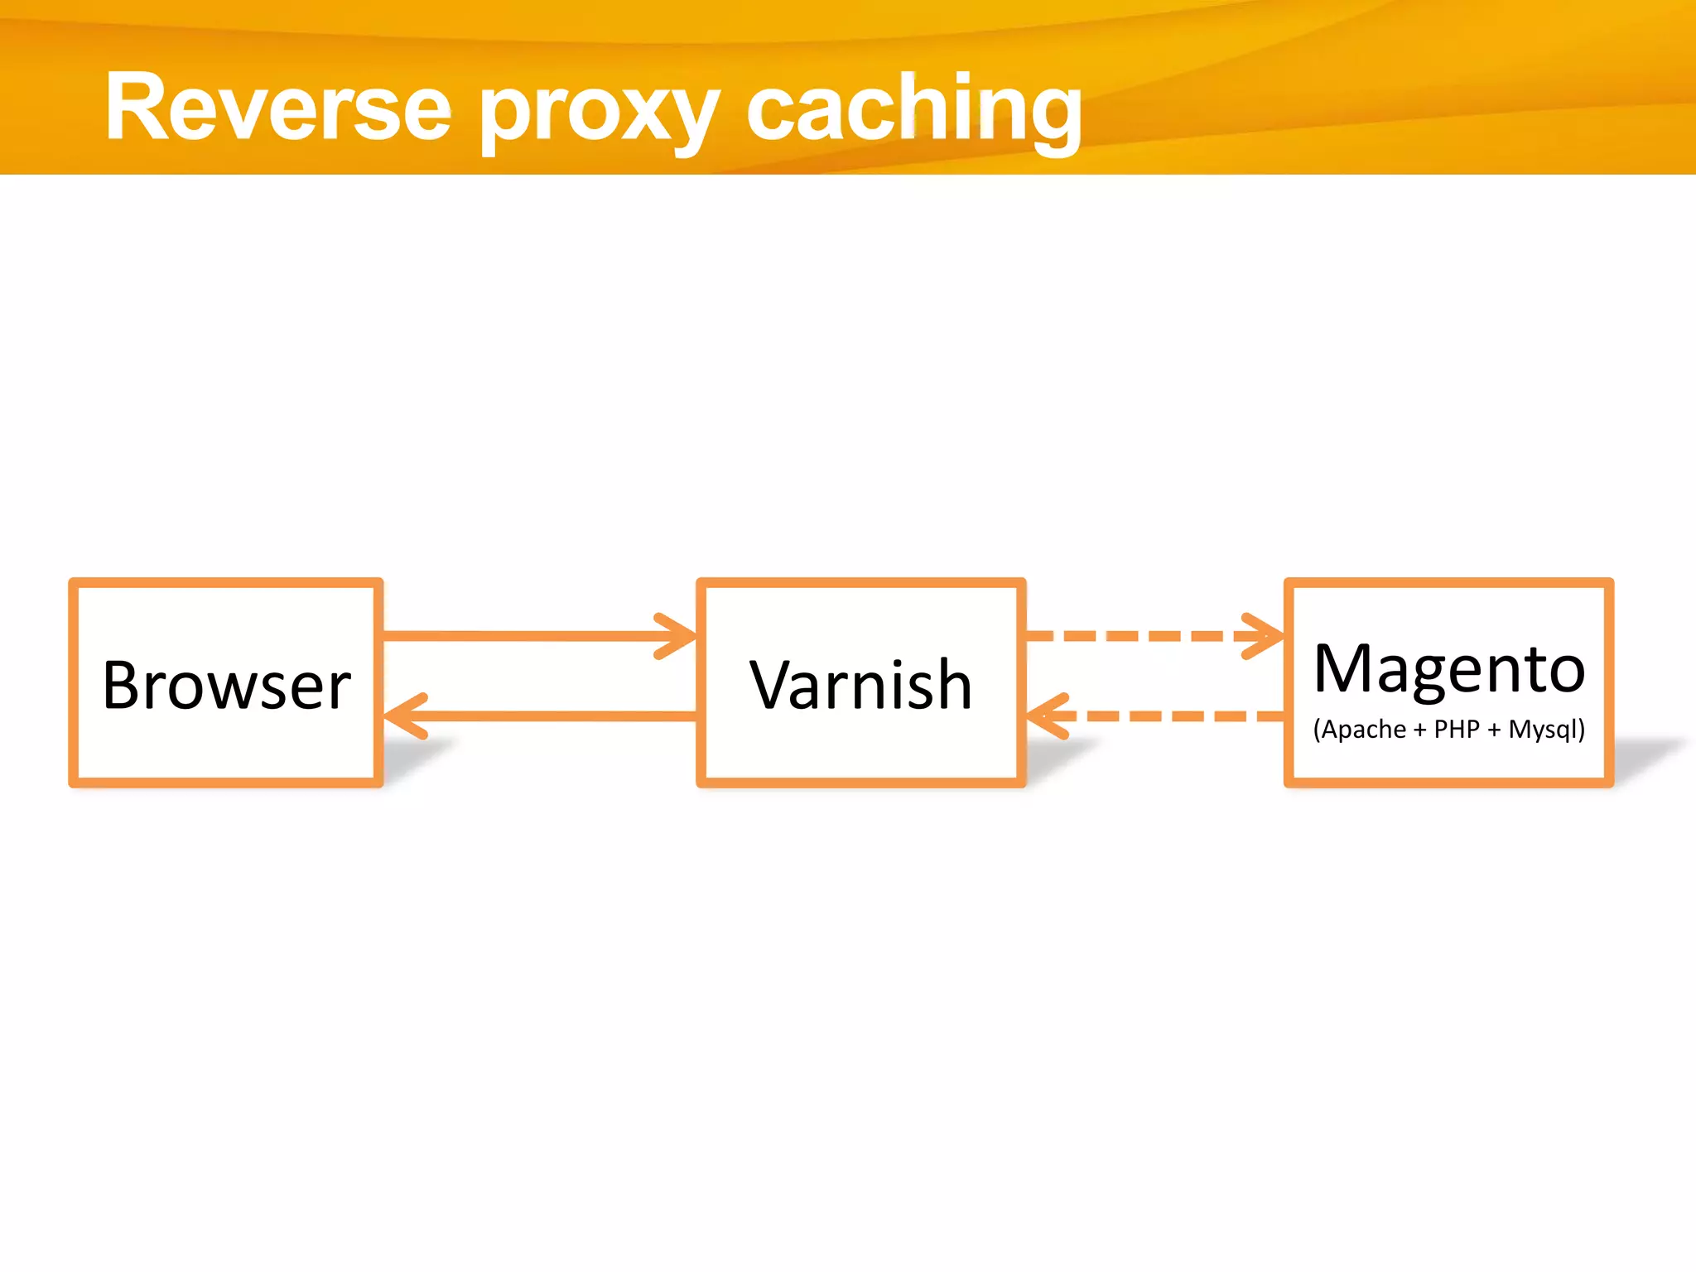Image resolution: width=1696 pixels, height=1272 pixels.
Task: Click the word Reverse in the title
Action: coord(278,108)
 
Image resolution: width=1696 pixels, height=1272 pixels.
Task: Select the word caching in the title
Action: coord(914,111)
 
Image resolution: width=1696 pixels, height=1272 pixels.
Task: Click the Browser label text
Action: coord(226,686)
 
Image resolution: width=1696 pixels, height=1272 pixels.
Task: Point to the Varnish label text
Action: coord(861,686)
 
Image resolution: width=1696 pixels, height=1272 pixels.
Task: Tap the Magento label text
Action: coord(1449,669)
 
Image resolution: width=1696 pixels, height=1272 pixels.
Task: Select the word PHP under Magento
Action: coord(1457,730)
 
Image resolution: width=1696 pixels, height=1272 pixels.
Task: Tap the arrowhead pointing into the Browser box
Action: coord(402,715)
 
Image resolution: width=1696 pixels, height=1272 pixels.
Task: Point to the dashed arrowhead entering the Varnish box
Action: coord(1045,715)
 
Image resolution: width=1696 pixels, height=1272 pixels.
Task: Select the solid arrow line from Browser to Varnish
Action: coord(522,636)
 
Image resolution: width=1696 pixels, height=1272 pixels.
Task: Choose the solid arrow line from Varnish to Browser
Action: coord(563,715)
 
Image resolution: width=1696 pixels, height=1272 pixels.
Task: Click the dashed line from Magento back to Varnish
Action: coord(1176,715)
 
